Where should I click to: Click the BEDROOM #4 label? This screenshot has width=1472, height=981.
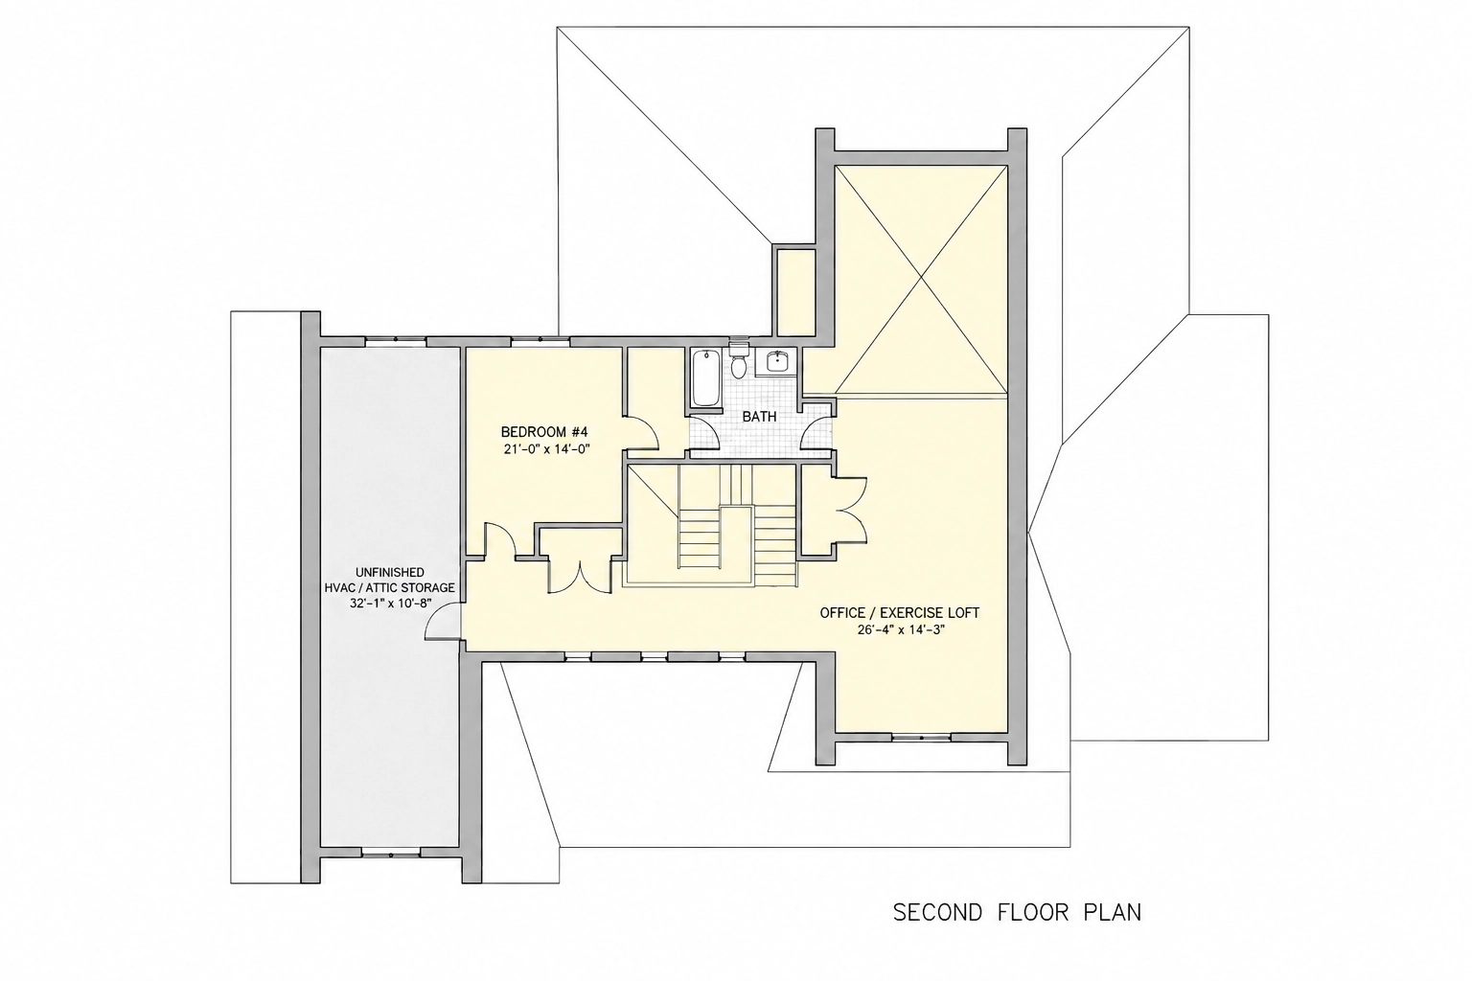(544, 432)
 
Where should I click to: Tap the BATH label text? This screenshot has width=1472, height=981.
(759, 417)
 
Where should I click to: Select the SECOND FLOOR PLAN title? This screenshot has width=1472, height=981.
(1017, 913)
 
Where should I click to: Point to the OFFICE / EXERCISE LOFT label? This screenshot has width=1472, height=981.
(900, 613)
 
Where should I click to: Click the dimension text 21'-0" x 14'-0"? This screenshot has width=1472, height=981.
(544, 449)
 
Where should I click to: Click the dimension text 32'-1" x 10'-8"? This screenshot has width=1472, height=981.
(390, 604)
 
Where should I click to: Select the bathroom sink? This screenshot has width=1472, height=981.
(776, 361)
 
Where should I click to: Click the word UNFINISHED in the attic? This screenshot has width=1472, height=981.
(390, 572)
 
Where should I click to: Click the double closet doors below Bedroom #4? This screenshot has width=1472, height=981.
(581, 577)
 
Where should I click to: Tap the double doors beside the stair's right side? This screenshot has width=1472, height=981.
(850, 511)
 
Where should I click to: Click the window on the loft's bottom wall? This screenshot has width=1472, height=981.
(921, 738)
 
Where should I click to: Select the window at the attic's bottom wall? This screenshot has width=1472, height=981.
(390, 855)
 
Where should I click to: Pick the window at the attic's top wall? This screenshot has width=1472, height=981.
(396, 340)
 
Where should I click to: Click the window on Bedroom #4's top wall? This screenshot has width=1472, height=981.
(540, 340)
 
